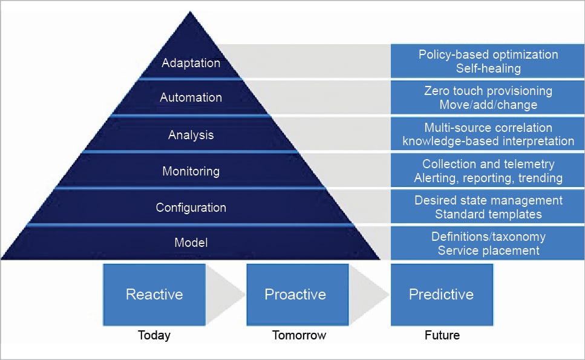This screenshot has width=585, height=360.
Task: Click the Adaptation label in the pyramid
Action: coord(191,62)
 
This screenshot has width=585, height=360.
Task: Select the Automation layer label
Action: coord(191,97)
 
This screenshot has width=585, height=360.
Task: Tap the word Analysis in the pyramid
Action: coord(191,135)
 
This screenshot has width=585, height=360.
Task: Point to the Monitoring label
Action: coord(191,171)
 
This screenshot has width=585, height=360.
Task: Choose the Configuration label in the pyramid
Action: coord(191,208)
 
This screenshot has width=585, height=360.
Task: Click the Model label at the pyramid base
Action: coord(191,243)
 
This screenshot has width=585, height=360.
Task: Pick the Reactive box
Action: coord(154,295)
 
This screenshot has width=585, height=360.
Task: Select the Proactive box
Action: coord(295,295)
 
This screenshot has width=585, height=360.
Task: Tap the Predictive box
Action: coord(441,295)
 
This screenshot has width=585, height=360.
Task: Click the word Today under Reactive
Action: coord(154,335)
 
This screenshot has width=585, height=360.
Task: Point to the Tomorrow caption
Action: coord(299,335)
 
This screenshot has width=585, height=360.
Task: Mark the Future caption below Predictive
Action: coord(442,335)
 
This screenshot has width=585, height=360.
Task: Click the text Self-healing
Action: coord(488,68)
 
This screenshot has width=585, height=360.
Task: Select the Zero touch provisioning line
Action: coord(488,91)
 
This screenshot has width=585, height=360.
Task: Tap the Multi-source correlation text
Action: coord(488,128)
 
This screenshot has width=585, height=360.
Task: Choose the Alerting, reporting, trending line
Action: coord(488,178)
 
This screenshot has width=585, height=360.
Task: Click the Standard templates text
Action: coord(488,214)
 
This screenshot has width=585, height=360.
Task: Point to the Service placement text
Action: coord(488,250)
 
